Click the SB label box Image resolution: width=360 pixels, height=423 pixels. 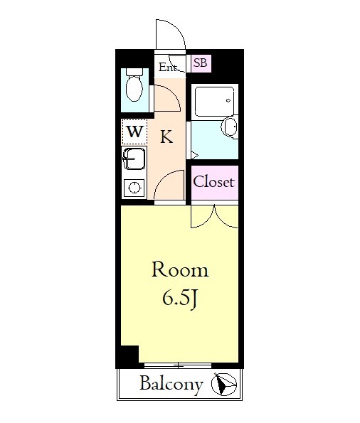tap(201, 63)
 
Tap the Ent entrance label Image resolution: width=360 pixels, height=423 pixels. tap(168, 67)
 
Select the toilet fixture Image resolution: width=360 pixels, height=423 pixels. tap(134, 85)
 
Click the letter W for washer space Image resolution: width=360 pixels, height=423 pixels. tap(134, 132)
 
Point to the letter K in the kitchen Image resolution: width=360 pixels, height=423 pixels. tap(166, 136)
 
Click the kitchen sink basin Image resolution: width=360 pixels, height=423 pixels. tap(134, 159)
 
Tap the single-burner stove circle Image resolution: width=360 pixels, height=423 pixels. tap(134, 188)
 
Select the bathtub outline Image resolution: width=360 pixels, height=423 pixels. tap(214, 101)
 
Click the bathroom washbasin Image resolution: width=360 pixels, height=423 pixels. tap(229, 127)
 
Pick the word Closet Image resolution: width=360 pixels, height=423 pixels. tap(213, 182)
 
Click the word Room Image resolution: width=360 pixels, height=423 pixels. tap(180, 269)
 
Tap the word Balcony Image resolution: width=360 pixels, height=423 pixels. tap(171, 384)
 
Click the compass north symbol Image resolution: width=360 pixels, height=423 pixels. tap(223, 384)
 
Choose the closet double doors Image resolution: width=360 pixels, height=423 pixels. tap(214, 217)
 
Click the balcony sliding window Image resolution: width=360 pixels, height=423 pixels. tap(178, 365)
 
